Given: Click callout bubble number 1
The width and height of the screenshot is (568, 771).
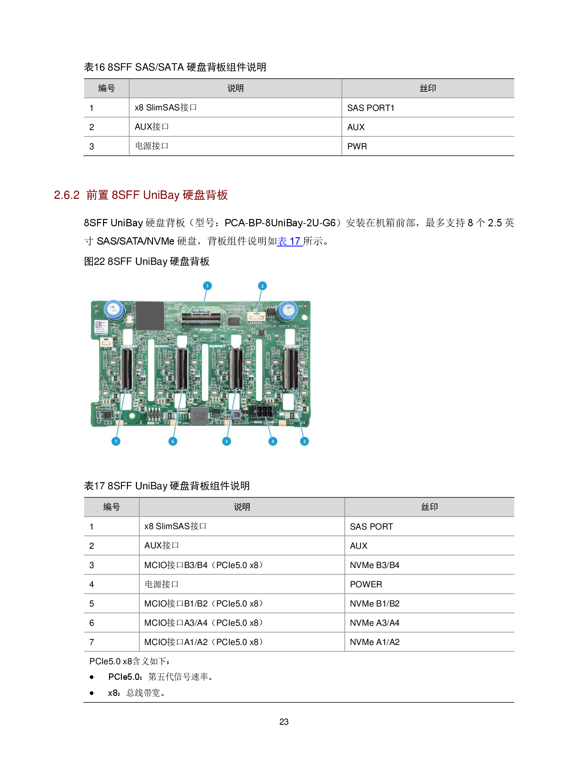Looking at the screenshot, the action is (x=207, y=286).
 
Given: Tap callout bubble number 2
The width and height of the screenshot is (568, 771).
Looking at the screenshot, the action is (x=262, y=286).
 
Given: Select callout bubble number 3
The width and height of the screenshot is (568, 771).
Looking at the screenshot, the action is (x=304, y=441).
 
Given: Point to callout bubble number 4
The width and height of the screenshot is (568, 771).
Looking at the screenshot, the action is (x=273, y=441).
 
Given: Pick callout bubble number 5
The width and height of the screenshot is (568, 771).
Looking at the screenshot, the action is (x=226, y=441).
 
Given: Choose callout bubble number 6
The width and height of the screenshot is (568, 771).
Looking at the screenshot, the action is (x=173, y=441).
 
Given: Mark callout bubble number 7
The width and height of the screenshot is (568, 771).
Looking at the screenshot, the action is (x=116, y=441).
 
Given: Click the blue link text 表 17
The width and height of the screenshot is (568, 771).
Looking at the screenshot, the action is (x=289, y=241).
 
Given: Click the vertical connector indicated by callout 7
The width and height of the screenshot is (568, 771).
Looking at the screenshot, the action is (x=126, y=369).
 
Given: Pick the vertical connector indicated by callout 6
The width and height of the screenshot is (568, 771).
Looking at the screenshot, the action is (x=181, y=369).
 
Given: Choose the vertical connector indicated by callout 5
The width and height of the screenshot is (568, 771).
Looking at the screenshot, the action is (x=236, y=369).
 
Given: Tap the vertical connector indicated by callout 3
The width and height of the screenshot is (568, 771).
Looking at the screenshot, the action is (x=291, y=369).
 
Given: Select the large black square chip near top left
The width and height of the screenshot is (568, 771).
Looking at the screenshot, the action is (x=150, y=315).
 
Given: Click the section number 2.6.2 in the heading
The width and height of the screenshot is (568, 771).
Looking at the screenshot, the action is (x=67, y=195).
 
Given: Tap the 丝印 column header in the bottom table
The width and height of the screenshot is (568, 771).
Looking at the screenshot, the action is (x=429, y=507).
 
